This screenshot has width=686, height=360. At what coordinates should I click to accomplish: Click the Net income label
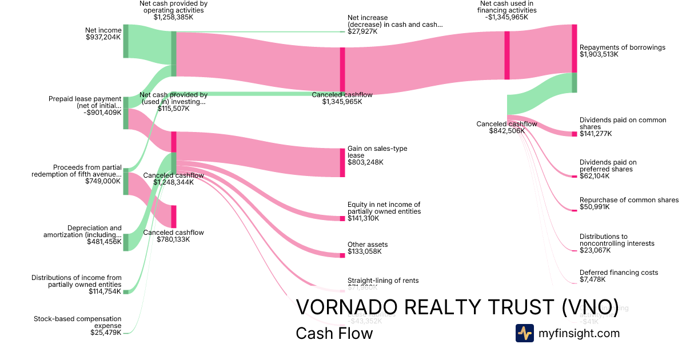pos(103,30)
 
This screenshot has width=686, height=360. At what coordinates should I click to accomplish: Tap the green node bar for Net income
pos(126,41)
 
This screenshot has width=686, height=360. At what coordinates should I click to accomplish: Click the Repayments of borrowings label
pos(623,47)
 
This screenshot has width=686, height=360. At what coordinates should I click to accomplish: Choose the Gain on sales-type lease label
pos(377,152)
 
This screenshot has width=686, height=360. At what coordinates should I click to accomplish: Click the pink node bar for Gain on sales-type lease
pos(342,162)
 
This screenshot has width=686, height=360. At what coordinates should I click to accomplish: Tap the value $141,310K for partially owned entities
pos(365,219)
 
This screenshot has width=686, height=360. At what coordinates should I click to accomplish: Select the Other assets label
pos(368,245)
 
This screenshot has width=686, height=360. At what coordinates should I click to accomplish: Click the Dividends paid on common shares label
pos(623,123)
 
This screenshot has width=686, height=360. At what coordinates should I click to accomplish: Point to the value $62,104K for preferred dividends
pos(595,176)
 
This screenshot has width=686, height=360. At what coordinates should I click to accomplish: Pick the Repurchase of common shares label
pos(629,200)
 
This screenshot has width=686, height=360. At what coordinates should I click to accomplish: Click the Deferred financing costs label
pos(619,273)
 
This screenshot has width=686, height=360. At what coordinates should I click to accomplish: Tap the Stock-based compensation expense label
pos(78,322)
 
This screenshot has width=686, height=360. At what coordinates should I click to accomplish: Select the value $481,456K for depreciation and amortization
pos(104,242)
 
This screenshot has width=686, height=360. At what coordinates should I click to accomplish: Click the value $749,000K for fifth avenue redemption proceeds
pos(103,181)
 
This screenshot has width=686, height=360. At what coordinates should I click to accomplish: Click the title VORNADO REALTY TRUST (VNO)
pos(457,307)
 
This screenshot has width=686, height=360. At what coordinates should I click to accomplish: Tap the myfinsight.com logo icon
pos(524,333)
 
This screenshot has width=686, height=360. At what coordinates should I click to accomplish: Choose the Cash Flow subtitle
pos(334,333)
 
